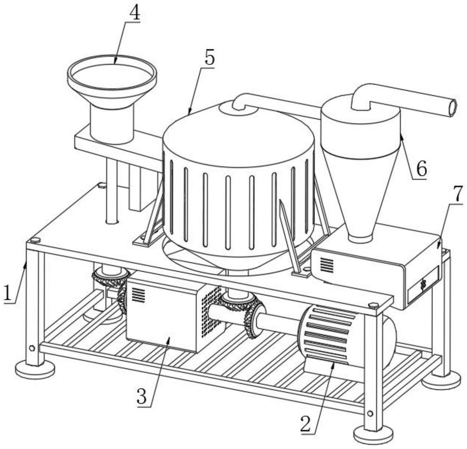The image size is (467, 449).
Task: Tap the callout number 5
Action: [x=209, y=58]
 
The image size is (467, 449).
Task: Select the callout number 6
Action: [x=421, y=169]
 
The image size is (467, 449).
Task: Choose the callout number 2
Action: [x=307, y=424]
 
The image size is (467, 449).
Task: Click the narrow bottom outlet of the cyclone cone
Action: [x=360, y=237]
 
